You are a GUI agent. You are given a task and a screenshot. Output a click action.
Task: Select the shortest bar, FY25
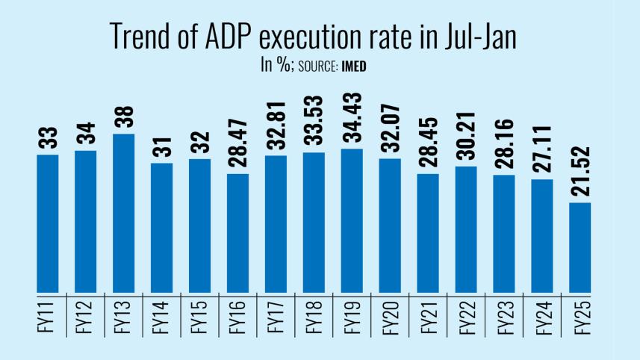[580, 247]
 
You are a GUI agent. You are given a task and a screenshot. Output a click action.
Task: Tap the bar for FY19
[352, 220]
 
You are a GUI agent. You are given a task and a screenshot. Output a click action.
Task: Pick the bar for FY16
[238, 233]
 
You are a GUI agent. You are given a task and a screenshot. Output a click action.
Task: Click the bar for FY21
[428, 233]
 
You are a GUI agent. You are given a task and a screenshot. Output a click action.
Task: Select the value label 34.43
[352, 117]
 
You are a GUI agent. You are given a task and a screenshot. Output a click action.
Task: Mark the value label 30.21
[466, 134]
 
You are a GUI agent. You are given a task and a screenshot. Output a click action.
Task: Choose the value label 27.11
[542, 147]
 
